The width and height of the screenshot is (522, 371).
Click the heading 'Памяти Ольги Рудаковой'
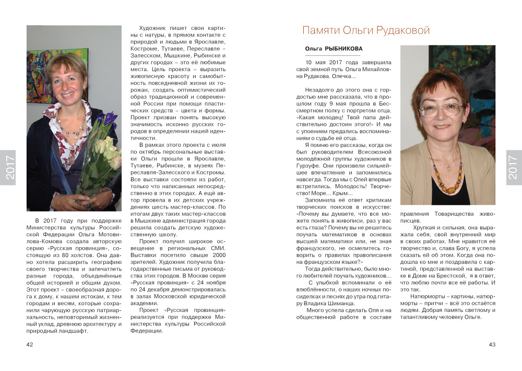pos(366,30)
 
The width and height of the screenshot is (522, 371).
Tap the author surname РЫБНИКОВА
pos(344,49)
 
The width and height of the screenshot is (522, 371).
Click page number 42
pos(30,344)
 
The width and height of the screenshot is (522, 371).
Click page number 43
pos(492,344)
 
